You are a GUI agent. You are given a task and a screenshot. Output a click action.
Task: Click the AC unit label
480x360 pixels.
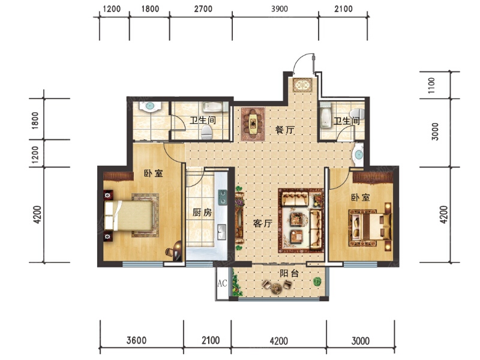click(222, 283)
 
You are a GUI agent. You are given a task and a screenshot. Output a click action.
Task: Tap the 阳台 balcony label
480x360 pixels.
click(289, 274)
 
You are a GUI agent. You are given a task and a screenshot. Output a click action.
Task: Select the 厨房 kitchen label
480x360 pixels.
click(202, 212)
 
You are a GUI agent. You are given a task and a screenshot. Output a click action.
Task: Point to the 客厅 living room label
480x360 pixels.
click(262, 223)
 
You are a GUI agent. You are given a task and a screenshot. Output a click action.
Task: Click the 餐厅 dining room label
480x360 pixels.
click(284, 130)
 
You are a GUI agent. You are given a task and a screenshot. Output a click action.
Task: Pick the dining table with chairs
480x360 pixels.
click(253, 124)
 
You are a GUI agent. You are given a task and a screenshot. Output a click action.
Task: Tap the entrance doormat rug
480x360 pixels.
click(302, 85)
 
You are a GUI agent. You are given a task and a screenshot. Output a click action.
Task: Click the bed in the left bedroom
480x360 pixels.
click(128, 215)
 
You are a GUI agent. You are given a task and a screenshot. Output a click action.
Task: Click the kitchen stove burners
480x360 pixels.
click(222, 197)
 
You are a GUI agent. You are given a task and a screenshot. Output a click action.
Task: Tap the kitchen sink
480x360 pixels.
click(221, 232)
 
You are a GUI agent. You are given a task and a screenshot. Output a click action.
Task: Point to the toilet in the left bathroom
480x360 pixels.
click(206, 133)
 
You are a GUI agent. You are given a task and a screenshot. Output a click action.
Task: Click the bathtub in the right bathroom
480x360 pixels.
click(325, 115)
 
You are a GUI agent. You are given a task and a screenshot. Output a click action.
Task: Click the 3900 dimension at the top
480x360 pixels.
click(280, 9)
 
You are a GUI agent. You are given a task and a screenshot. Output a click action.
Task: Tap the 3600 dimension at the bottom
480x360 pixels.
click(137, 340)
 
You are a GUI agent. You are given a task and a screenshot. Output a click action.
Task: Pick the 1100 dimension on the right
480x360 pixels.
click(431, 85)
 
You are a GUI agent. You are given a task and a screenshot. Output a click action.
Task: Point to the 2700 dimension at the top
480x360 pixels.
click(203, 9)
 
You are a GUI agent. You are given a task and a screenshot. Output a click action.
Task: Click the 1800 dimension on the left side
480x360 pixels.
click(35, 121)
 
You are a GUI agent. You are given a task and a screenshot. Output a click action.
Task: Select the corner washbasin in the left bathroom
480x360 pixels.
click(149, 106)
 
